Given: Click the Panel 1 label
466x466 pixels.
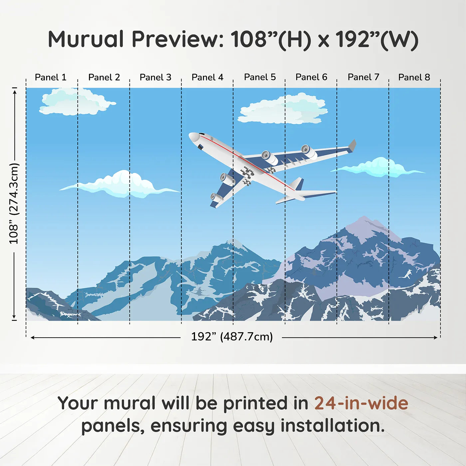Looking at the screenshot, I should click(x=51, y=77).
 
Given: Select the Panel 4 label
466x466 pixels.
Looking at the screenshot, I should click(x=207, y=77).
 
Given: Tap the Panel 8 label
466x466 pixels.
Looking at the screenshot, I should click(x=414, y=77).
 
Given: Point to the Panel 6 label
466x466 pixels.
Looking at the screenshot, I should click(x=311, y=77).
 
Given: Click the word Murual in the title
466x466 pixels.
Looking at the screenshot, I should click(x=86, y=39).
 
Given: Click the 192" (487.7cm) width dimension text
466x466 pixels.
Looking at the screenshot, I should click(x=232, y=337).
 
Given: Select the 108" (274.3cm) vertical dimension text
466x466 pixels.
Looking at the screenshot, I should click(x=14, y=203).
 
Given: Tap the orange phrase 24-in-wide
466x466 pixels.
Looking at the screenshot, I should click(x=361, y=403).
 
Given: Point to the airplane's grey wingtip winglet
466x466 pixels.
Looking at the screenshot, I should click(x=352, y=145).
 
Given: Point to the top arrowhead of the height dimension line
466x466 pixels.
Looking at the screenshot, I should click(x=14, y=91).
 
